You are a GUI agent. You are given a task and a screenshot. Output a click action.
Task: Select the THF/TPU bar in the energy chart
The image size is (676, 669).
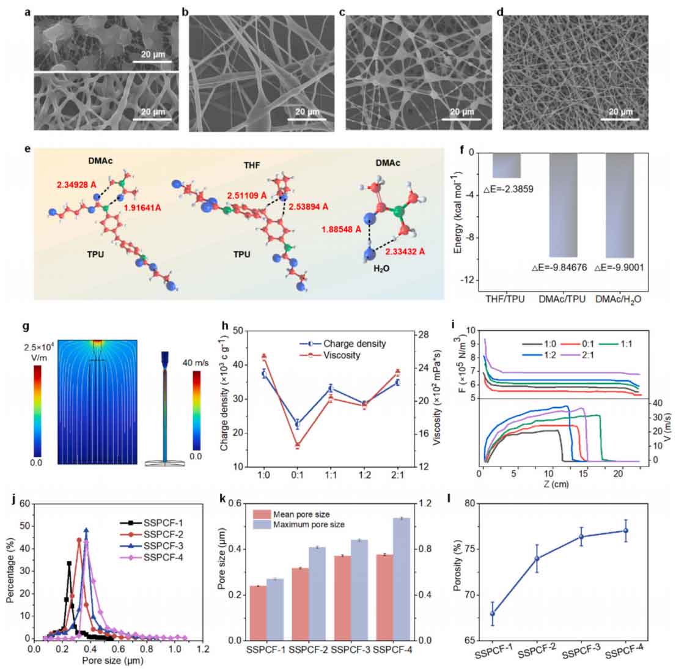tap(507, 165)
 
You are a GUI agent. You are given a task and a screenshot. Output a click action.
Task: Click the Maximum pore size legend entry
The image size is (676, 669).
tap(302, 525)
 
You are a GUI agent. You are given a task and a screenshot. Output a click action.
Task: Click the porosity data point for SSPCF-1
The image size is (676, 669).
tap(492, 613)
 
